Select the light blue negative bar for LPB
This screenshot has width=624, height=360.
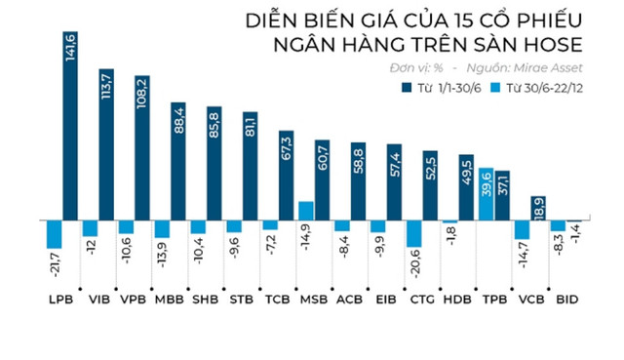pyautogui.click(x=55, y=234)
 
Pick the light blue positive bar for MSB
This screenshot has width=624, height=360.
pyautogui.click(x=305, y=211)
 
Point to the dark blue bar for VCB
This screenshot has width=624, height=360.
pyautogui.click(x=538, y=208)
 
